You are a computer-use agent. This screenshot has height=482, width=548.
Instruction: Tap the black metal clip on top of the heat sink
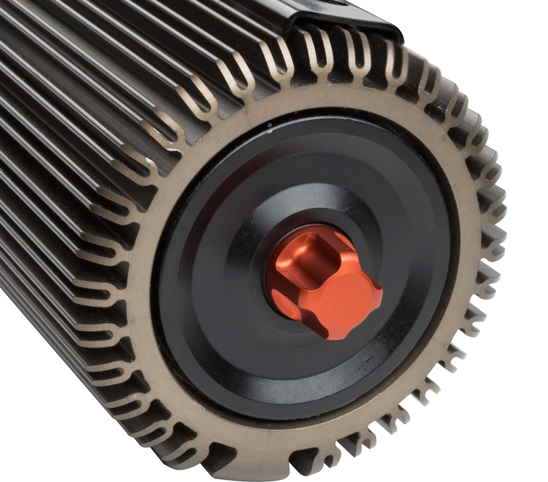tap(351, 18)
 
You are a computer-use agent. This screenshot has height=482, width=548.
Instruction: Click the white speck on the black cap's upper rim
tap(269, 128)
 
